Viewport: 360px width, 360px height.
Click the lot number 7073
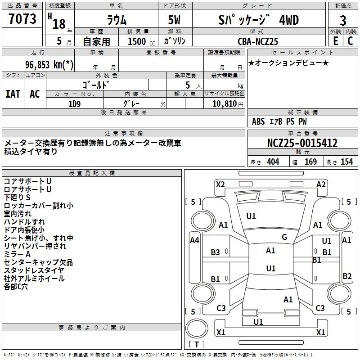[22, 19]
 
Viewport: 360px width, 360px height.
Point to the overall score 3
[343, 21]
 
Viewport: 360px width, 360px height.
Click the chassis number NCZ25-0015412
[302, 144]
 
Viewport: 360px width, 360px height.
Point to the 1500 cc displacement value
[137, 41]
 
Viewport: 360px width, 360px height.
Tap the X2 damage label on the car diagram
[220, 184]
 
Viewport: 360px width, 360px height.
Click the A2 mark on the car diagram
[321, 184]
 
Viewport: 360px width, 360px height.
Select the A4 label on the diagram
[194, 240]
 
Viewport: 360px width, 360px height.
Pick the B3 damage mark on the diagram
[216, 252]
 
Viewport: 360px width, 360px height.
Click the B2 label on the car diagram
[347, 276]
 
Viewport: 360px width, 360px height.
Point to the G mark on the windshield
[284, 237]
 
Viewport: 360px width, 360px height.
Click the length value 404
[273, 162]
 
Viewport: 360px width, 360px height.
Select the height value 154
[346, 162]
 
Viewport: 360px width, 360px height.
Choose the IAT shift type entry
[13, 94]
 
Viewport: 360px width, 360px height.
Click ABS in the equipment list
[258, 121]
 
